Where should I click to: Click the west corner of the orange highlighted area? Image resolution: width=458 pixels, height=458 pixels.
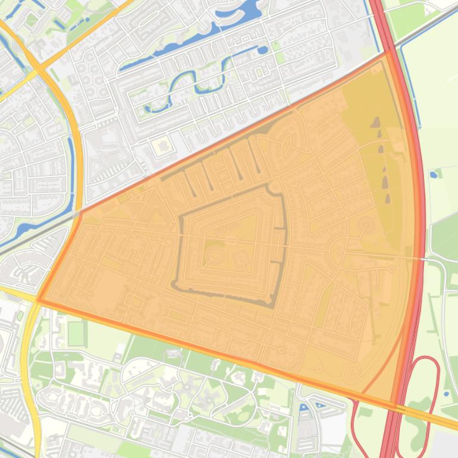point(39,300)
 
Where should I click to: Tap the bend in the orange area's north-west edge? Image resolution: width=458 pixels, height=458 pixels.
point(80,212)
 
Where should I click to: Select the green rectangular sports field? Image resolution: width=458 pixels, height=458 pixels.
point(77,334)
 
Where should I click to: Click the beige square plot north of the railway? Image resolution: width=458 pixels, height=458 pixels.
point(161,146)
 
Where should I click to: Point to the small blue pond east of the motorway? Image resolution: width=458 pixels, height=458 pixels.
point(433,174)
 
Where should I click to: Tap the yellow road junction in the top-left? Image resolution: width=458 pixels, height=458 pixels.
point(40,70)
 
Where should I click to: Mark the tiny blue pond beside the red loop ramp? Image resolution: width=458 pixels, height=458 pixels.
point(446,393)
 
